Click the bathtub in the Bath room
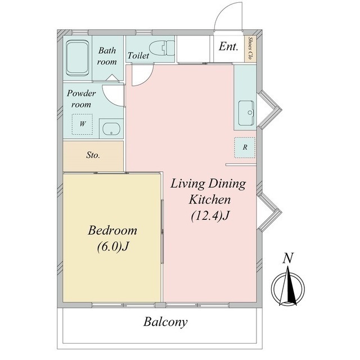click(78, 57)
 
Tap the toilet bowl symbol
click(162, 48)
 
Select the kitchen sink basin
click(246, 113)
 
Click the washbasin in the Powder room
click(111, 129)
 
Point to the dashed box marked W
click(83, 124)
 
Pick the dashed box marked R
click(245, 147)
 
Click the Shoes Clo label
click(250, 48)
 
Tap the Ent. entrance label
click(228, 46)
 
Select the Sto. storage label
click(93, 155)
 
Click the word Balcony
click(165, 322)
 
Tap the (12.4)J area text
click(210, 216)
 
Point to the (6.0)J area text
click(112, 247)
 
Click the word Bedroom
click(112, 230)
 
